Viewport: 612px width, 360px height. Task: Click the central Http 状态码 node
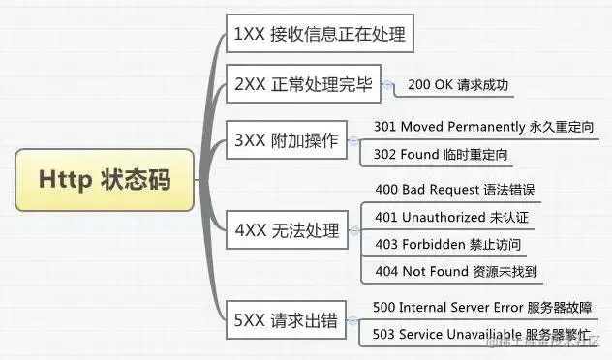[104, 179]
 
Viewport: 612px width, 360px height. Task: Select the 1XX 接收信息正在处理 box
[319, 36]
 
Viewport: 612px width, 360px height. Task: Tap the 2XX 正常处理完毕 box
[301, 84]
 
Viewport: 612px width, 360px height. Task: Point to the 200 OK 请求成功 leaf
[457, 85]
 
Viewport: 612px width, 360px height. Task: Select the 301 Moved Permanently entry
[483, 127]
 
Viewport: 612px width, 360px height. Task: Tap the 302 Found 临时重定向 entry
[441, 154]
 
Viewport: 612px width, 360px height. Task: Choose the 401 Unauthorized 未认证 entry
[451, 216]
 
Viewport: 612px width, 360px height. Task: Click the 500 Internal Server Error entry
[491, 308]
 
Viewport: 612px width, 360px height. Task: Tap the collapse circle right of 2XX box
[388, 85]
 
